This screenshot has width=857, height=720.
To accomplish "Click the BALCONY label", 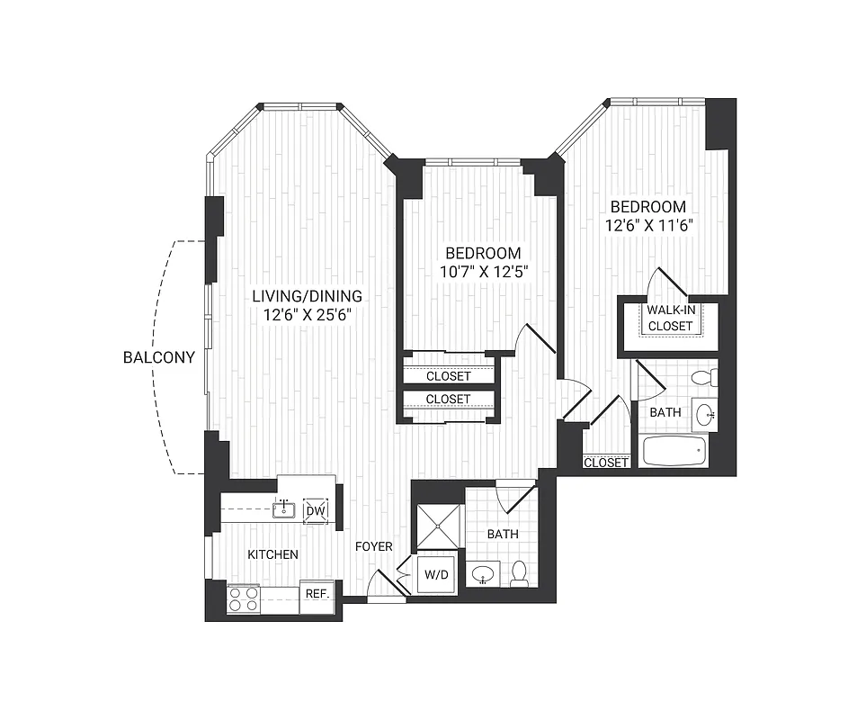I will tap(159, 357).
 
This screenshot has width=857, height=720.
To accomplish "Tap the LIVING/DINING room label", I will tap(307, 296).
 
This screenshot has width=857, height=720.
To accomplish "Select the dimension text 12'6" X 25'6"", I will tap(307, 315).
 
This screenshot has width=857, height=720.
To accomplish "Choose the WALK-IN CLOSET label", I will tap(670, 318).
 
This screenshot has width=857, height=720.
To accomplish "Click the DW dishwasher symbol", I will tap(316, 510).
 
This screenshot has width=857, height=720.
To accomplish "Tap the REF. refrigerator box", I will tap(316, 595).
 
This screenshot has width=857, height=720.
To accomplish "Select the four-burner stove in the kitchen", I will tap(244, 598).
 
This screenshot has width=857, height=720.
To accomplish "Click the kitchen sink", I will tap(283, 510).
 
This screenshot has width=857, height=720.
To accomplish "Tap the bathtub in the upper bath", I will tap(674, 450).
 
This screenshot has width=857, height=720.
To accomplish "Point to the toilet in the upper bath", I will tap(706, 377).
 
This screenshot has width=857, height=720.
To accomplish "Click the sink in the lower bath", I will tap(486, 573).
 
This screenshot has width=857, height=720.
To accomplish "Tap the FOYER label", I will tap(371, 546).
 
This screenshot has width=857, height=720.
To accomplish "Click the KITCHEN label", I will tap(272, 554).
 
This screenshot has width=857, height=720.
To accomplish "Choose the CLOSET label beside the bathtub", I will tap(605, 463).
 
